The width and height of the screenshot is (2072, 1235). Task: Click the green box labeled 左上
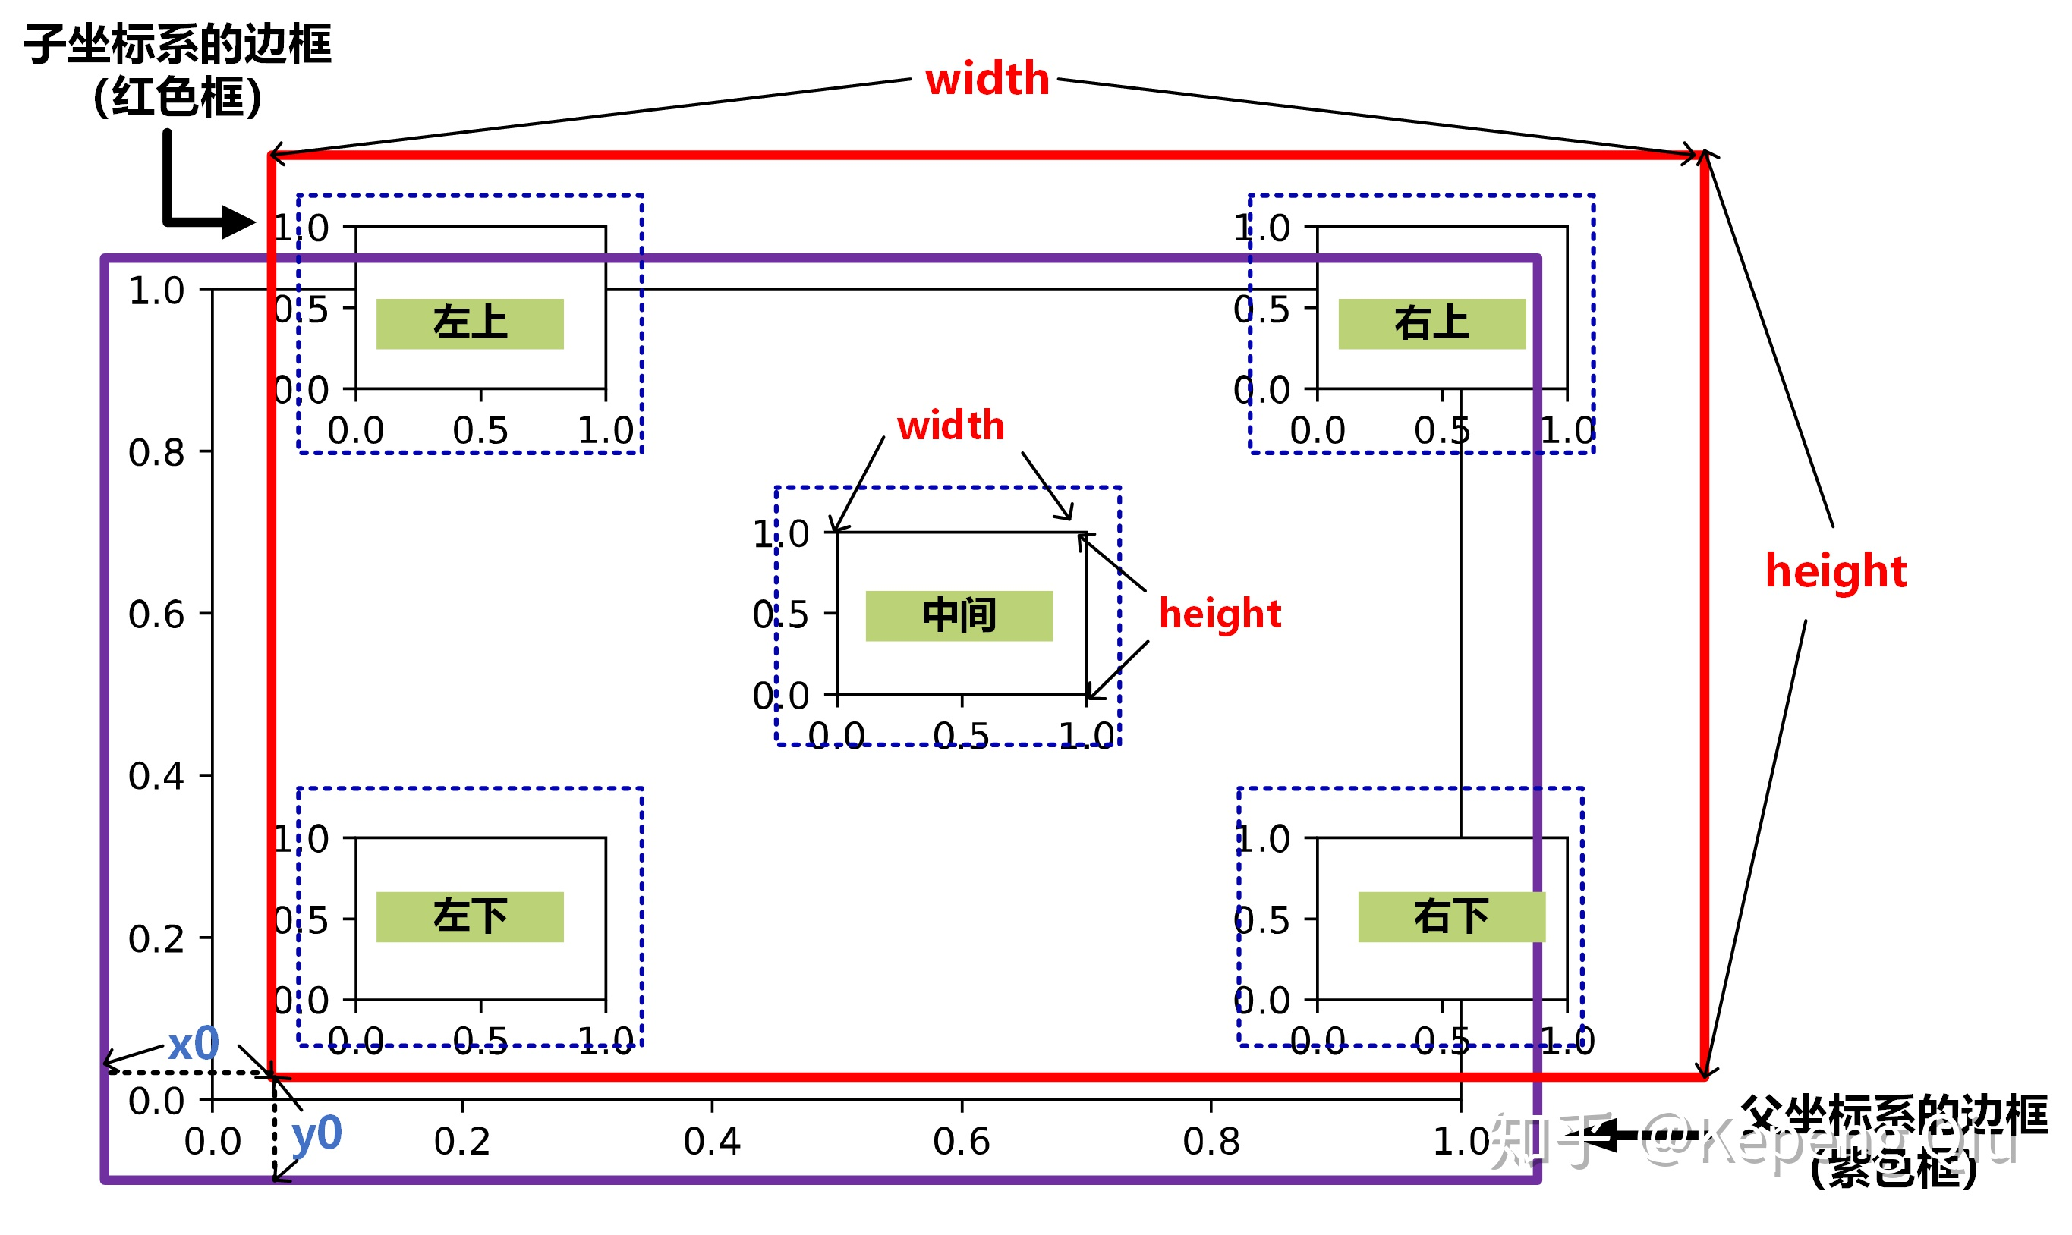pos(470,324)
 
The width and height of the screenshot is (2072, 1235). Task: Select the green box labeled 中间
pos(959,616)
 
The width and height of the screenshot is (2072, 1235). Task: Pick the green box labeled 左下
pos(470,917)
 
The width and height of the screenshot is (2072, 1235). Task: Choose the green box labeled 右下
pos(1451,917)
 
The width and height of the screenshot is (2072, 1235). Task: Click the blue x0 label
pos(193,1045)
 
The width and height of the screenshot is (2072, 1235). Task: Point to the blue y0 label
pos(316,1133)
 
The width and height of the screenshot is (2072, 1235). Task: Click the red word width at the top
pos(987,79)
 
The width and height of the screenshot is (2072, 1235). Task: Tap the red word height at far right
pos(1836,571)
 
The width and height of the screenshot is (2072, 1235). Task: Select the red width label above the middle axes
pos(951,426)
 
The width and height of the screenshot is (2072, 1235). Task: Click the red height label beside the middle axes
pos(1220,614)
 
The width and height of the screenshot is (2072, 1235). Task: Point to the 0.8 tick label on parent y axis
pos(156,453)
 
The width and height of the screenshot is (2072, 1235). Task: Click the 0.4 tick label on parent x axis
pos(712,1142)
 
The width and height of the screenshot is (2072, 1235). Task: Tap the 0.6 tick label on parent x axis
pos(962,1142)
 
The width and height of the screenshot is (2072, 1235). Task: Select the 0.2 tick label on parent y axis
pos(156,938)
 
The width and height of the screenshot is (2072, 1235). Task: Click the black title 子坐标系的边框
pos(178,44)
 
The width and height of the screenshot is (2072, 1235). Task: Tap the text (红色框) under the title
pos(178,97)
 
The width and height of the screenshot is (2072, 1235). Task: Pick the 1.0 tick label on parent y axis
pos(156,291)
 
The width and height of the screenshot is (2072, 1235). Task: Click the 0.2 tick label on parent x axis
pos(462,1142)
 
